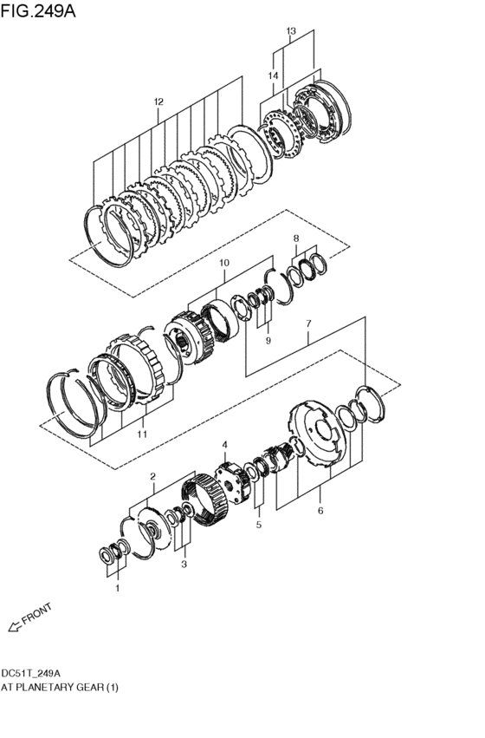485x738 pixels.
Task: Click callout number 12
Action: [158, 101]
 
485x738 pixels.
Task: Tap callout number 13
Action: [292, 31]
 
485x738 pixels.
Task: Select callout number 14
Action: [273, 76]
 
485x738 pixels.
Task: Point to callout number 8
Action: [296, 238]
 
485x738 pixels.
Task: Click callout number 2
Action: [152, 476]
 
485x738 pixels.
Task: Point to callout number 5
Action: [258, 526]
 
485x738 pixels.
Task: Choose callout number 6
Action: [320, 511]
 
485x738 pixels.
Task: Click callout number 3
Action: [183, 565]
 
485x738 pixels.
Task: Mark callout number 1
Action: [119, 587]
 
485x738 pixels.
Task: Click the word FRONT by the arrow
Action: [37, 613]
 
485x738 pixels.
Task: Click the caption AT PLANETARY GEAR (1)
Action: [60, 687]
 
